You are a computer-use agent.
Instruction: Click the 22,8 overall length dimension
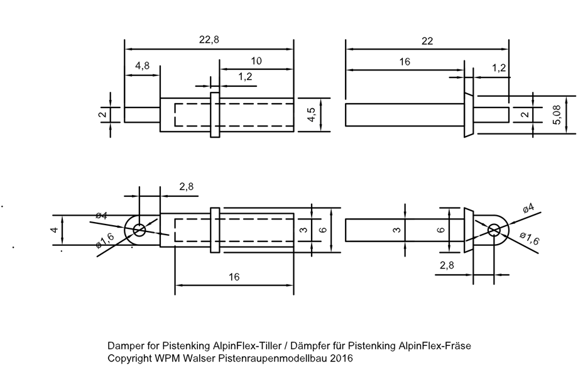tap(209, 40)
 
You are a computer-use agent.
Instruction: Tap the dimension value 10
tap(256, 61)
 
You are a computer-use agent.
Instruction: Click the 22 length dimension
tap(427, 41)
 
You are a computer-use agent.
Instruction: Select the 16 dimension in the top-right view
tap(404, 62)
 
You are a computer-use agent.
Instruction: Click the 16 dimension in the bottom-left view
tap(233, 277)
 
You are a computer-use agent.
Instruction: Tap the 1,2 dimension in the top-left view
tap(245, 77)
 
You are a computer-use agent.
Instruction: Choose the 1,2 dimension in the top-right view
tap(499, 69)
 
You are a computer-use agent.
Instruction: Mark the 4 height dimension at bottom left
tap(55, 230)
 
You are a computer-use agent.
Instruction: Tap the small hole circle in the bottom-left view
tap(139, 230)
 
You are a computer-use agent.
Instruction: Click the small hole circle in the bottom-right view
tap(494, 231)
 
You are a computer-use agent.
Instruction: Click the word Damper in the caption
tap(124, 346)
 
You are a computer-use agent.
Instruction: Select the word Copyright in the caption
tap(129, 359)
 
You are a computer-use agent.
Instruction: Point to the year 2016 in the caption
tap(340, 359)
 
